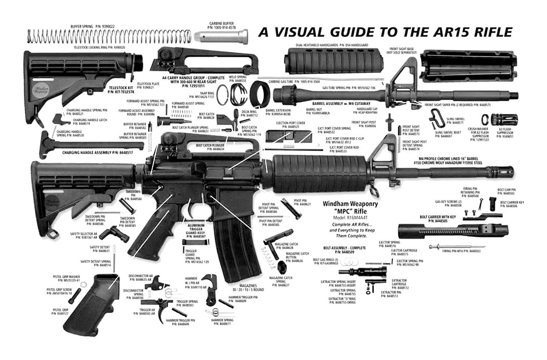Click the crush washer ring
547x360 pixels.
(x=485, y=119)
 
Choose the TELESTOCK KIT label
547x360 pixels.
(x=121, y=91)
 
